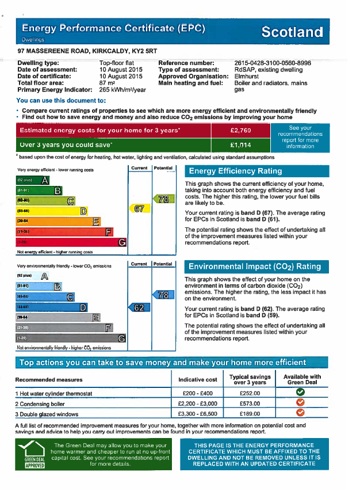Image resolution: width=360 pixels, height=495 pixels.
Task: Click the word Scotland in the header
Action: point(292,32)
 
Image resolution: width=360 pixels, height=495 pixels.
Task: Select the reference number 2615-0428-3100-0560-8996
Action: point(273,63)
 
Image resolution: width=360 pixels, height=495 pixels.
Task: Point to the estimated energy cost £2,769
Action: point(240,131)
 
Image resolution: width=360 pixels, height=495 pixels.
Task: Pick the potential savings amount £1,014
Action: point(240,145)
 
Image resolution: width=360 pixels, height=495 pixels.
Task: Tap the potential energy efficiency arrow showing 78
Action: point(163,199)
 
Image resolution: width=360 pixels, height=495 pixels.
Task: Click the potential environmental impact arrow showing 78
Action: point(163,295)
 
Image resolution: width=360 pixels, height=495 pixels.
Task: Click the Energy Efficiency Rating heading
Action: point(235,171)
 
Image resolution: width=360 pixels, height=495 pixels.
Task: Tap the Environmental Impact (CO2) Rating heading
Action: point(254,266)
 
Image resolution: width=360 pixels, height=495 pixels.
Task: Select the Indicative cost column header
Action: point(198,380)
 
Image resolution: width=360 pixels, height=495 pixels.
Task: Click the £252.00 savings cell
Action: point(249,394)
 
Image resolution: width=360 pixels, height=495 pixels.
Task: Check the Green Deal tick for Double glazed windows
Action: point(300,413)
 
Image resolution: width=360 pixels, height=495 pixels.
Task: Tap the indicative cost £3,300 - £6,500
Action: point(198,413)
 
